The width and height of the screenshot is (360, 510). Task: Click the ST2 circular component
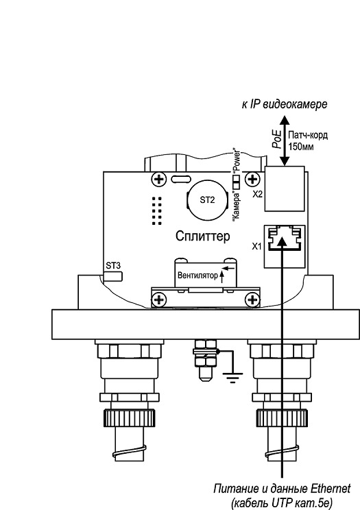coord(207,199)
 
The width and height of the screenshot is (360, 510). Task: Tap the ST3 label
coord(113,265)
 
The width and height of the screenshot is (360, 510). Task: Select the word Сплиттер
coord(202,236)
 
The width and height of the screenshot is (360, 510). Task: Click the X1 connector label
coord(257,247)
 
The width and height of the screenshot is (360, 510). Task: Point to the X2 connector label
coord(257,194)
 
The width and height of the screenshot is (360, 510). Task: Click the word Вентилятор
coord(197,276)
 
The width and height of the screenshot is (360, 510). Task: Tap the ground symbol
coord(232,377)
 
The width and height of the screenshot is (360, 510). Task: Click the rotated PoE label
coord(276,139)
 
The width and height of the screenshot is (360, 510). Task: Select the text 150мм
coord(301,147)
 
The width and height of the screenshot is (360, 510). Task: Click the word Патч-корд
coord(308,135)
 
